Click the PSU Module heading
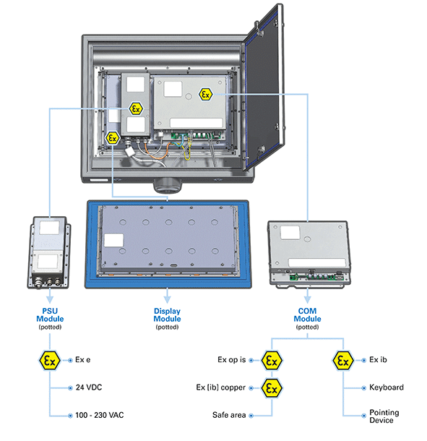click(x=50, y=314)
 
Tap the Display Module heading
click(x=167, y=314)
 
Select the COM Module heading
click(x=307, y=314)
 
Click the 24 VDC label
click(x=89, y=388)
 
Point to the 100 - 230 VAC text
click(x=100, y=415)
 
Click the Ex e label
click(x=83, y=360)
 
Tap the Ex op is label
click(x=232, y=360)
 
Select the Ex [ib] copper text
click(x=221, y=388)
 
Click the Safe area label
click(x=229, y=415)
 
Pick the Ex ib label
click(x=378, y=360)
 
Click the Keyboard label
click(x=387, y=388)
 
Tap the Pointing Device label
click(x=384, y=416)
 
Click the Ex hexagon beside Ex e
click(x=50, y=360)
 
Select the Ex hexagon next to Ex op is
click(x=272, y=360)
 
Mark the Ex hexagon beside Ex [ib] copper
click(x=272, y=388)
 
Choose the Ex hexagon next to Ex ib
click(x=343, y=360)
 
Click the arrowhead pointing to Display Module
click(x=167, y=299)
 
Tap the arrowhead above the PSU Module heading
click(x=50, y=299)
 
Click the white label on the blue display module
click(x=114, y=240)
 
